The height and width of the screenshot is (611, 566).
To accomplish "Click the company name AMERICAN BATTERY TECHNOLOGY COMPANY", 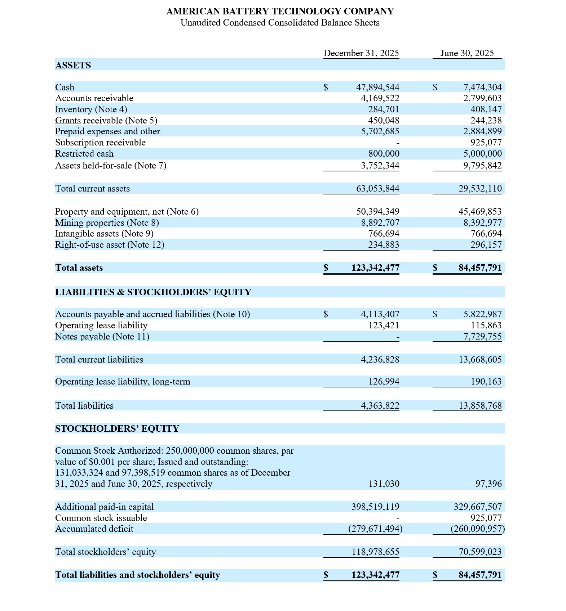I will coord(280,11).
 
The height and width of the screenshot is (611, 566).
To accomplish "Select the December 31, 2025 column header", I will coord(361,53).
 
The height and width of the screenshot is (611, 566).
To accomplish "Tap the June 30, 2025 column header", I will coord(467,53).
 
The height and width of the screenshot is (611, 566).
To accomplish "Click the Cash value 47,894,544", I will coord(377,87).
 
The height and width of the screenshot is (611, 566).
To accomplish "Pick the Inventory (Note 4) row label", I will coord(91,109).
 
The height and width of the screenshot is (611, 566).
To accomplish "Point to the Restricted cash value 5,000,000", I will coord(482,154).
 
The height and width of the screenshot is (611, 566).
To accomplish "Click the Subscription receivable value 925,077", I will coord(486,143).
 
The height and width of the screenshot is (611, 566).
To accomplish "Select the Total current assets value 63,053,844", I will coord(377,189).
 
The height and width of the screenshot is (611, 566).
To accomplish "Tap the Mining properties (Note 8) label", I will coord(107,223).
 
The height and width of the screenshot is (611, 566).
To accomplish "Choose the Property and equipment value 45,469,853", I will coord(480,211).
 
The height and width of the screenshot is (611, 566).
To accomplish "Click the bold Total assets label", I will coord(79,268).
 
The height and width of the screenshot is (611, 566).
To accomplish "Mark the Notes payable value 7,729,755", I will coord(482,336).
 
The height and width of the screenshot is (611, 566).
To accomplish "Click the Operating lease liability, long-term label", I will coord(123,382).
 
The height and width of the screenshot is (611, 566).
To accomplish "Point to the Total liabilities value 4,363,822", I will coord(380,406).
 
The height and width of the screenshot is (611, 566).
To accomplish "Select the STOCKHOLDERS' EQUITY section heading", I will coord(117,428).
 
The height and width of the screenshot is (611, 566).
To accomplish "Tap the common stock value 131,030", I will coord(384,484).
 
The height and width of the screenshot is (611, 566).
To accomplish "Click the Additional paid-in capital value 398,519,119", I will coord(375,507).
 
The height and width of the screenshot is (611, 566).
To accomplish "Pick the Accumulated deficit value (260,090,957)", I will coord(477,529).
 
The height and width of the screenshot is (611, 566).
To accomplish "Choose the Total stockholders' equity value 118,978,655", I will coord(375,552).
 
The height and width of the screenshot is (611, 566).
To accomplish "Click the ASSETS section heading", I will coord(73,65).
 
